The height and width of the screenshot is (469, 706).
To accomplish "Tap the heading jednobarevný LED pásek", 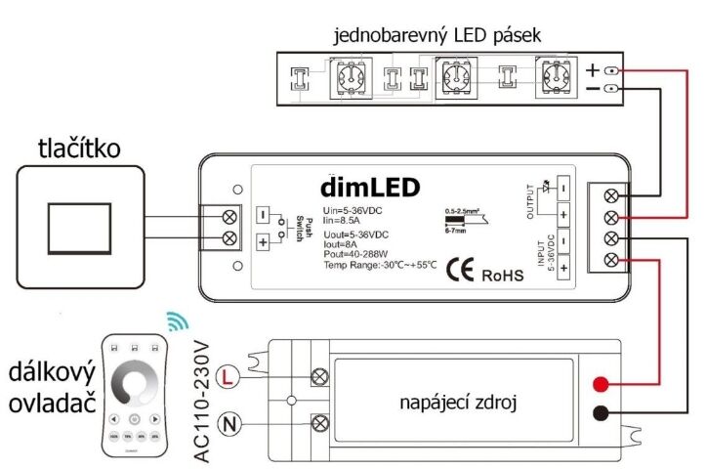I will [436, 36].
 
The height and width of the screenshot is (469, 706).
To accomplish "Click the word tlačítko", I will [80, 149].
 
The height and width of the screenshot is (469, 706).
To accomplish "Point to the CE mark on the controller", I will [458, 271].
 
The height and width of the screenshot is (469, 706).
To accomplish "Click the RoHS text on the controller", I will [503, 276].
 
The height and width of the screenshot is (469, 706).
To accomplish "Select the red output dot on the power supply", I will [605, 381].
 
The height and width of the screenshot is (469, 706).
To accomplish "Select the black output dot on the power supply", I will [605, 414].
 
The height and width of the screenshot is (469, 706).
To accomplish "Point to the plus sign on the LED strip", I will [593, 70].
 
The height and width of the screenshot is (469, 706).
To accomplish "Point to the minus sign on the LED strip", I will [593, 90].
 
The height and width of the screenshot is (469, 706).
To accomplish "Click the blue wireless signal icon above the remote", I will [176, 320].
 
